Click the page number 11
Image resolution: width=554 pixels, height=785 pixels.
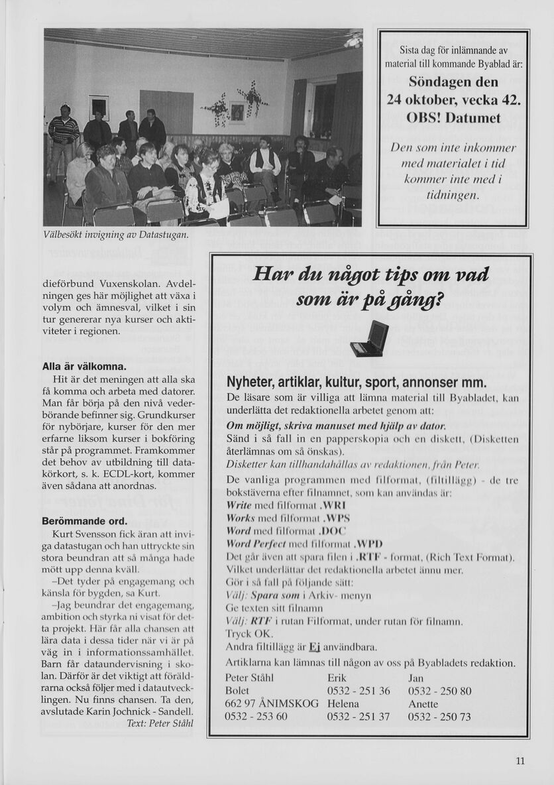point(520,761)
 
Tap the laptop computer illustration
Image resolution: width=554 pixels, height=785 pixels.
point(368,339)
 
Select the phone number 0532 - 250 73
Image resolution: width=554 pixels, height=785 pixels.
point(439,716)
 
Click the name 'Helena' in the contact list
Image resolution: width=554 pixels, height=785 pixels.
point(343,703)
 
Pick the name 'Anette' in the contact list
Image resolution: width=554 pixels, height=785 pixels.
point(423,703)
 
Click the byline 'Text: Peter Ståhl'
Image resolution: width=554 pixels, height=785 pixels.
point(159,723)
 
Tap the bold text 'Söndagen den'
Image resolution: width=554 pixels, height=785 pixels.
point(453,83)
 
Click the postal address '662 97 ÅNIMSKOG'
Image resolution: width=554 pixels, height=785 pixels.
point(272,703)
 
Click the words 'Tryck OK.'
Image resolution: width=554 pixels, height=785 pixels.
point(245,634)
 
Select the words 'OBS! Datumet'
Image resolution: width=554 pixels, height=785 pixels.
point(453,119)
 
